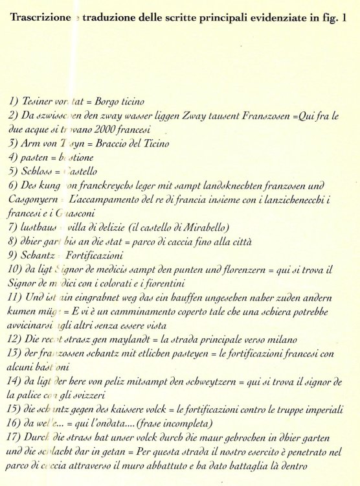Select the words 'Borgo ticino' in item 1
pyautogui.click(x=120, y=102)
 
